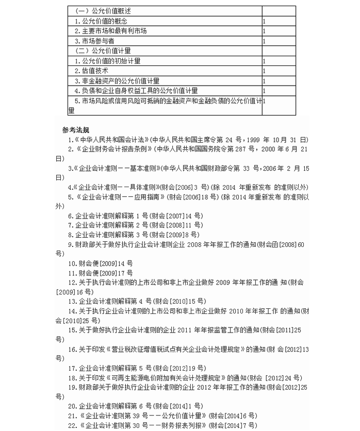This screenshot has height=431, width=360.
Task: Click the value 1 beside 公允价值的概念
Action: (x=264, y=21)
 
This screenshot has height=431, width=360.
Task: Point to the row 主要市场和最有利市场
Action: (x=110, y=31)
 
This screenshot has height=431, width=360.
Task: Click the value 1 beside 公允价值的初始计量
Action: (x=264, y=61)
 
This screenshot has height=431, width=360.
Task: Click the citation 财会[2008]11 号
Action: (x=177, y=225)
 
